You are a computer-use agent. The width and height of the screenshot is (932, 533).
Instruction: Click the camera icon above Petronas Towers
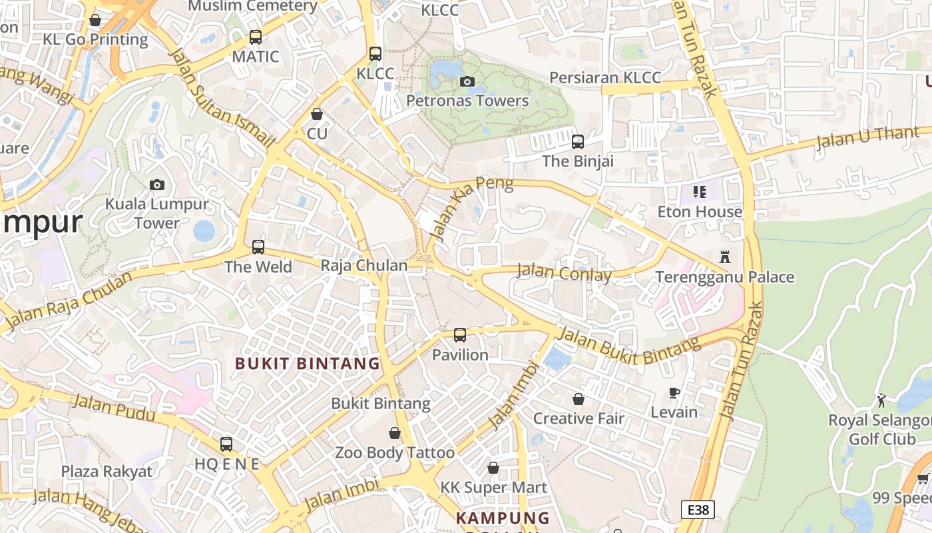[467, 81]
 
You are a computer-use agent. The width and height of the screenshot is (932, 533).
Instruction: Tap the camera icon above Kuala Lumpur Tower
[157, 185]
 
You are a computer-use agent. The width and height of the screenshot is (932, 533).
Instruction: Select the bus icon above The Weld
[258, 247]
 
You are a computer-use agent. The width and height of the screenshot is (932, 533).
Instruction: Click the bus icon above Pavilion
[460, 335]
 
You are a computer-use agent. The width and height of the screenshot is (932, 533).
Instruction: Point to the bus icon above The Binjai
[578, 142]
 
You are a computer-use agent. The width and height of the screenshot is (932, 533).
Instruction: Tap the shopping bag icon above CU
[317, 114]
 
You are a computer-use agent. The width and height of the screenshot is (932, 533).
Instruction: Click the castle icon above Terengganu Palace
[725, 257]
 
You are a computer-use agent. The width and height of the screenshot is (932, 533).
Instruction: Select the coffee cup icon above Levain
[674, 392]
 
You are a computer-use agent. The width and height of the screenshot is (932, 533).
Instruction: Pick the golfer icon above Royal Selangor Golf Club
[881, 400]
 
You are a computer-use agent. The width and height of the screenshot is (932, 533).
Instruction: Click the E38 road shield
[698, 510]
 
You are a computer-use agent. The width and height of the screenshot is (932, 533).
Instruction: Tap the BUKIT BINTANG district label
[308, 364]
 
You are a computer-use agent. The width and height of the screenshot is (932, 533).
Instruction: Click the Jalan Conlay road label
[564, 272]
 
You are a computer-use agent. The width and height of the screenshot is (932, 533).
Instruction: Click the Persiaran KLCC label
[605, 77]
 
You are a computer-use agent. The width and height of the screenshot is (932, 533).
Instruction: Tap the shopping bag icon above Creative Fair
[579, 399]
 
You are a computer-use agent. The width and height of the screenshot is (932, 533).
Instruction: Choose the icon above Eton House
[699, 192]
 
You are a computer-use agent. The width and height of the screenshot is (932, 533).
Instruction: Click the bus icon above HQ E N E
[226, 444]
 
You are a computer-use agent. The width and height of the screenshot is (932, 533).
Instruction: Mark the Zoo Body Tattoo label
[395, 453]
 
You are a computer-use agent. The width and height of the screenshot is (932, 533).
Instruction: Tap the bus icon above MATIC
[256, 37]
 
